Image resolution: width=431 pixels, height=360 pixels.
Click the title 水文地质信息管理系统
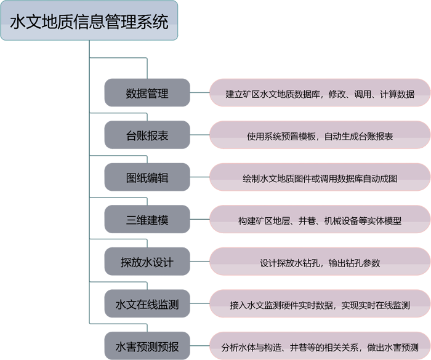point(89,22)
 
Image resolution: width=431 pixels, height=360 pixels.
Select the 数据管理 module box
point(147,94)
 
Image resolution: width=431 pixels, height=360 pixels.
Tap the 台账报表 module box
point(147,136)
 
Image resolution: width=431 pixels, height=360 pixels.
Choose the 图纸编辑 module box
point(147,178)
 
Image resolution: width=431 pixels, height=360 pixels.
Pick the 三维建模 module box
point(147,220)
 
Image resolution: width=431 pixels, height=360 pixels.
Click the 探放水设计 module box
point(147,263)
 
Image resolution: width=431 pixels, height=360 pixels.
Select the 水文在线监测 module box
point(147,305)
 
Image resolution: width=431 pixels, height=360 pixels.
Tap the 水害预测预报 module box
point(147,347)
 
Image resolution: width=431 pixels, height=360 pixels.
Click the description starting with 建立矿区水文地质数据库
point(320,95)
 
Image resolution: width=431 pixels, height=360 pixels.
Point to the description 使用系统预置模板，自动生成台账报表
point(320,137)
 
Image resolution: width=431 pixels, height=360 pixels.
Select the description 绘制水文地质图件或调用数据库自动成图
point(320,179)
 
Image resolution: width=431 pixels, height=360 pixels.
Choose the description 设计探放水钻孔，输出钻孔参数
point(320,263)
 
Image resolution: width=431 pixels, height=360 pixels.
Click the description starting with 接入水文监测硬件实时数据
point(320,305)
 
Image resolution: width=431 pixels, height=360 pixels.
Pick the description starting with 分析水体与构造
point(320,348)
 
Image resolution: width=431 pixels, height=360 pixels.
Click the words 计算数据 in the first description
point(397,95)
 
